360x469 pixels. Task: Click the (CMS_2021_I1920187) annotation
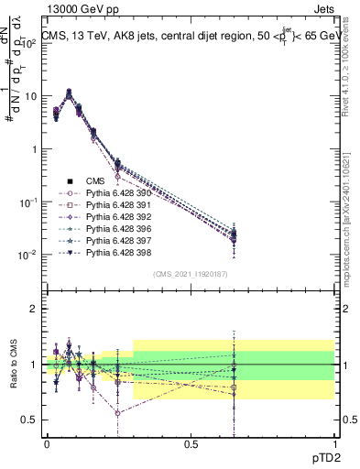click(190, 274)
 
